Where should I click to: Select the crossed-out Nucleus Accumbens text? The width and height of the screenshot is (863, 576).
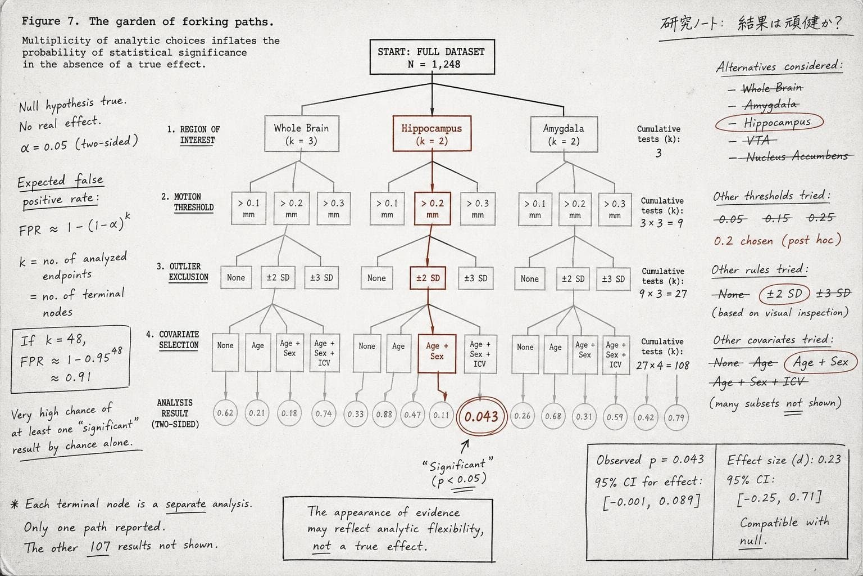tap(797, 156)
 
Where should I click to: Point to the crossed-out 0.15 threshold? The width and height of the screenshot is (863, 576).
tap(777, 218)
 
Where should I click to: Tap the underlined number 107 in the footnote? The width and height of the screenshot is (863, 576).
tap(99, 547)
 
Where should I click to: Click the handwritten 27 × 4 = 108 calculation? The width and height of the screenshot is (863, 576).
tap(662, 365)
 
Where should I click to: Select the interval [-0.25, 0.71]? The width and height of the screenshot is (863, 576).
tap(779, 498)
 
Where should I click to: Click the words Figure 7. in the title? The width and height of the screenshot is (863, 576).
tap(51, 21)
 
